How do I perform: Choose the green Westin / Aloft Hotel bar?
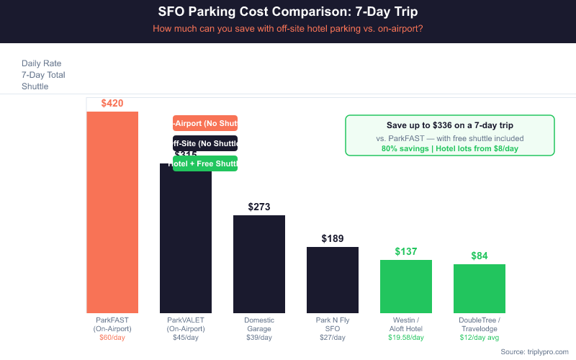406,286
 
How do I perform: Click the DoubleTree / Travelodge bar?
480,288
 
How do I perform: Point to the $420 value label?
112,104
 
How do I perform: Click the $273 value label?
259,207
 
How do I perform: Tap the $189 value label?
333,239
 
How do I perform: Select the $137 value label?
406,252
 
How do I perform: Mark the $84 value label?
480,256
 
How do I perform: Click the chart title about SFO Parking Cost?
287,12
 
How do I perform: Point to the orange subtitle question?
287,29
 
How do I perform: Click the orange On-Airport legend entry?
205,123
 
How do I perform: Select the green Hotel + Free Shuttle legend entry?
205,163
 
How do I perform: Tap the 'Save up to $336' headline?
449,125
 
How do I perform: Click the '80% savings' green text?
449,148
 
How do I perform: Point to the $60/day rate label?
112,337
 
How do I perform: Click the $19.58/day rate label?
406,337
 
